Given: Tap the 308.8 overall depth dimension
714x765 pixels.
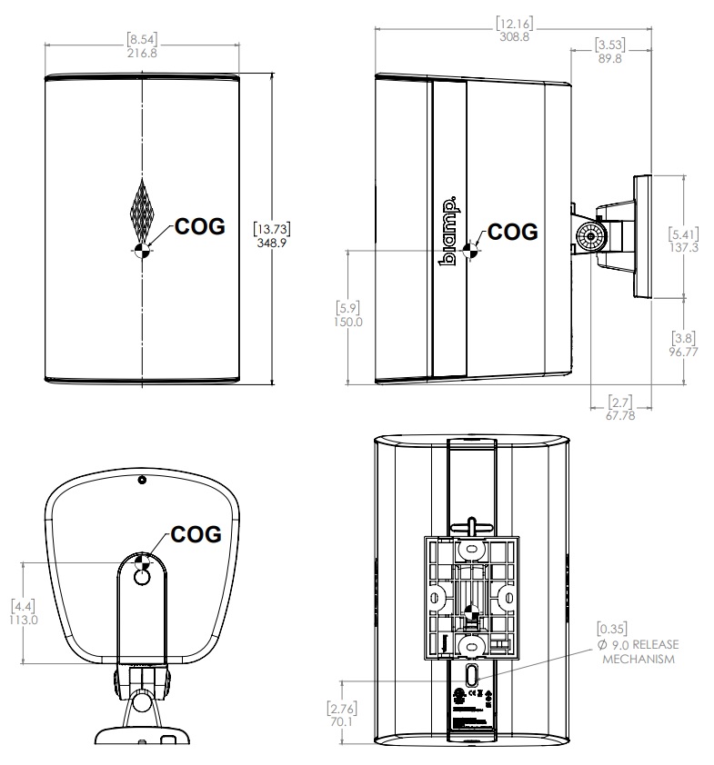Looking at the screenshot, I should click(514, 37).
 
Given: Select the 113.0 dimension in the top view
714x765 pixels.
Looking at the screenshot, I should click(23, 621).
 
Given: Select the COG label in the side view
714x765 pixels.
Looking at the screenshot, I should click(513, 231).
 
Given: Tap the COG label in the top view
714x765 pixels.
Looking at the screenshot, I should click(196, 533).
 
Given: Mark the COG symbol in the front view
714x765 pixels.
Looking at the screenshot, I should click(142, 252).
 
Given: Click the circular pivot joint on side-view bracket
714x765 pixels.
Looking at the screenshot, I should click(592, 239).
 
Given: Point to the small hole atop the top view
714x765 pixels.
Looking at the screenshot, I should click(142, 480).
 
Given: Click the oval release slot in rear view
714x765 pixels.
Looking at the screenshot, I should click(471, 675).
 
